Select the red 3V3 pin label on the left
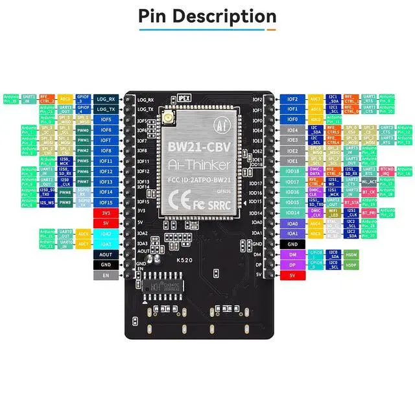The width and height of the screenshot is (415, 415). click(106, 213)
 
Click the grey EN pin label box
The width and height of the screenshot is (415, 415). click(106, 275)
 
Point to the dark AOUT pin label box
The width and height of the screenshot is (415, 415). click(106, 254)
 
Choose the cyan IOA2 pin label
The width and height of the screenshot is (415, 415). click(106, 233)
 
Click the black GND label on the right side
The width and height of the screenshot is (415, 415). click(292, 244)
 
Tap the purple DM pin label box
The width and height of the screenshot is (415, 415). click(292, 254)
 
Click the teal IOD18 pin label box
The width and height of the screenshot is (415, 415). click(292, 171)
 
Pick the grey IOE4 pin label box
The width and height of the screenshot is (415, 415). click(292, 130)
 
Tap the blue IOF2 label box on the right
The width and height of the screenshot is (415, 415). click(292, 99)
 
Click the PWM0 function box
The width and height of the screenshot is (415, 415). click(84, 130)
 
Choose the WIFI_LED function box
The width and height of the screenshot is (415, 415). click(333, 213)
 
